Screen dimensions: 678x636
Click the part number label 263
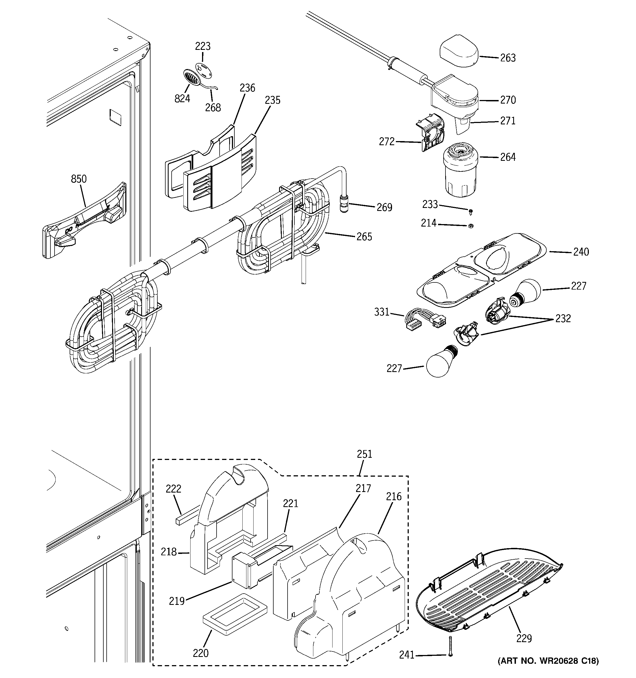(x=508, y=58)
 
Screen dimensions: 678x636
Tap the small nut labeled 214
(x=470, y=226)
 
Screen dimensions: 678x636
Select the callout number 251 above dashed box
(x=364, y=454)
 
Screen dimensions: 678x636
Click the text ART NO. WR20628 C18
(x=548, y=661)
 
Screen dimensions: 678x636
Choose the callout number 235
(x=272, y=100)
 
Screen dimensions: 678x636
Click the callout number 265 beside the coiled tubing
(x=364, y=237)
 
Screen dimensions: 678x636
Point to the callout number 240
(x=581, y=252)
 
